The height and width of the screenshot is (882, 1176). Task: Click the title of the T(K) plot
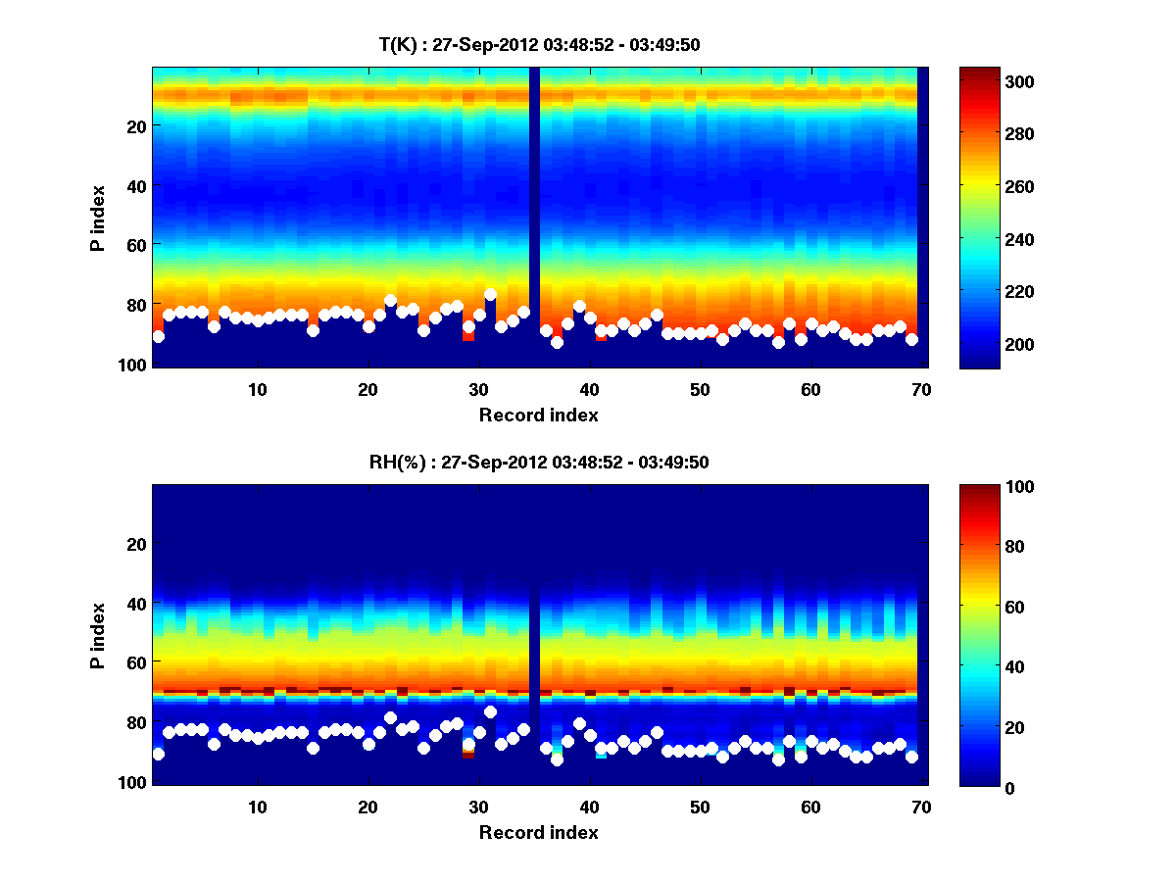coord(539,44)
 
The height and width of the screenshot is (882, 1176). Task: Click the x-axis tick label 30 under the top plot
coord(478,389)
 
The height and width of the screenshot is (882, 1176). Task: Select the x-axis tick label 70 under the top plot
coord(920,389)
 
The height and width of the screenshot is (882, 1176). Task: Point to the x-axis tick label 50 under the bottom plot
coord(699,807)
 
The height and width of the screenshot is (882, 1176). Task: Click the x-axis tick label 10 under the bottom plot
coord(257,807)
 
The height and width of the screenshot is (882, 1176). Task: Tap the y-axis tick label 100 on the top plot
coord(133,365)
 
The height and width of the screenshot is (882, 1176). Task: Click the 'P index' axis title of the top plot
coord(98,218)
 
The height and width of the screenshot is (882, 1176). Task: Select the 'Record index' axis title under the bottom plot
coord(539,832)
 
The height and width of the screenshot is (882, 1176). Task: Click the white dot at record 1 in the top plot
coord(158,336)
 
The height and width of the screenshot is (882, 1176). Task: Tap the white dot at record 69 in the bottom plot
coord(911,757)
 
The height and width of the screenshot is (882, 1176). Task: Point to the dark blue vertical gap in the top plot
coord(534,216)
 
